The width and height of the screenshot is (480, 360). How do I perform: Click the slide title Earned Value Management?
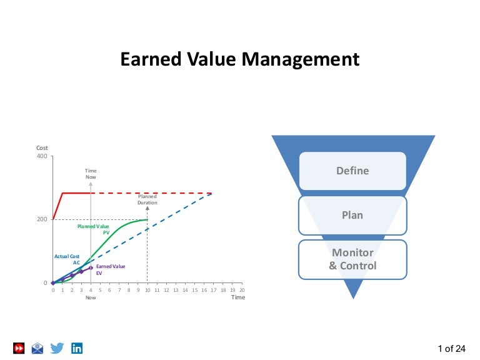(x=239, y=59)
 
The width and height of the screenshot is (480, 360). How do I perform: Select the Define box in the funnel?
(x=352, y=171)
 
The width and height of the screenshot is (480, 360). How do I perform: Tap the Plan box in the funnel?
(x=352, y=215)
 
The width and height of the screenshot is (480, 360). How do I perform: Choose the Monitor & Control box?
(x=352, y=259)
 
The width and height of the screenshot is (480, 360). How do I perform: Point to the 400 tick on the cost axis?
(x=42, y=156)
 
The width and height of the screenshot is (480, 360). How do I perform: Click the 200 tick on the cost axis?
(x=42, y=219)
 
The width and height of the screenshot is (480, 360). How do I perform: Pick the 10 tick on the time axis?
(x=147, y=290)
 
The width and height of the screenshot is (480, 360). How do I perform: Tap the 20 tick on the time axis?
(x=241, y=290)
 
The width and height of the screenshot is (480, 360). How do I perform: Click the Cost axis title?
(x=42, y=147)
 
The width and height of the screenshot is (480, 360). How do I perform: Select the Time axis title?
(x=238, y=297)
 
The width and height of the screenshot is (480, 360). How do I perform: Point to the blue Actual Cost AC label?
(x=67, y=259)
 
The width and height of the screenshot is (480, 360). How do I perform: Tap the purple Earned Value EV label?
(x=110, y=269)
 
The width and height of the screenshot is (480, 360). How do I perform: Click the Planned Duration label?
(x=147, y=199)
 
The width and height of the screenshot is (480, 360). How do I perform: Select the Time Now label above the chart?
(x=91, y=174)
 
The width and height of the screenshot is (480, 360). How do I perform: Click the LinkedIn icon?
(x=77, y=348)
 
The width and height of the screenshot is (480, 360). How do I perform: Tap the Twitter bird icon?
(x=57, y=348)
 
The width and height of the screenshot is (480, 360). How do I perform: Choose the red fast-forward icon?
(x=19, y=348)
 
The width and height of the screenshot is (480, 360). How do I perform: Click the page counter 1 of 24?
(x=452, y=348)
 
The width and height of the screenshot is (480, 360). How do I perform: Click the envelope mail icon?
(x=38, y=348)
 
